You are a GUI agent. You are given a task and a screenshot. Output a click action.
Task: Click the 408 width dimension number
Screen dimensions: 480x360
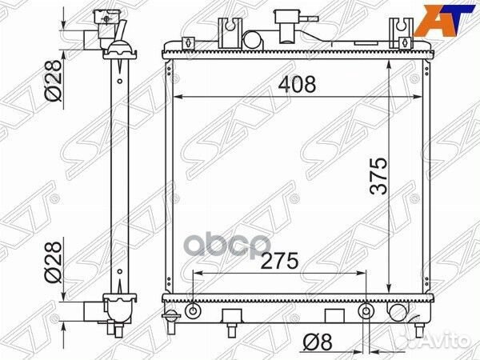(297, 84)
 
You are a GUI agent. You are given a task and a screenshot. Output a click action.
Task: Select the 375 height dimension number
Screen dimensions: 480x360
(378, 176)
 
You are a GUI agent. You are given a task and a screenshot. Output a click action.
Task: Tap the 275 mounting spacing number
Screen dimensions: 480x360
(279, 261)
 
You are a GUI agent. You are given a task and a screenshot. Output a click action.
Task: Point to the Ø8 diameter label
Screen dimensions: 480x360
(318, 342)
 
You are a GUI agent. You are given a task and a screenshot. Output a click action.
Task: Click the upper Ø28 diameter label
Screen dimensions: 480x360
(54, 80)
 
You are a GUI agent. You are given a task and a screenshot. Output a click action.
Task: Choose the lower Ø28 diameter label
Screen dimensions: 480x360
(54, 262)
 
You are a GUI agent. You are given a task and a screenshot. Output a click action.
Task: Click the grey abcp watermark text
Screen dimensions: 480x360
(229, 246)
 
